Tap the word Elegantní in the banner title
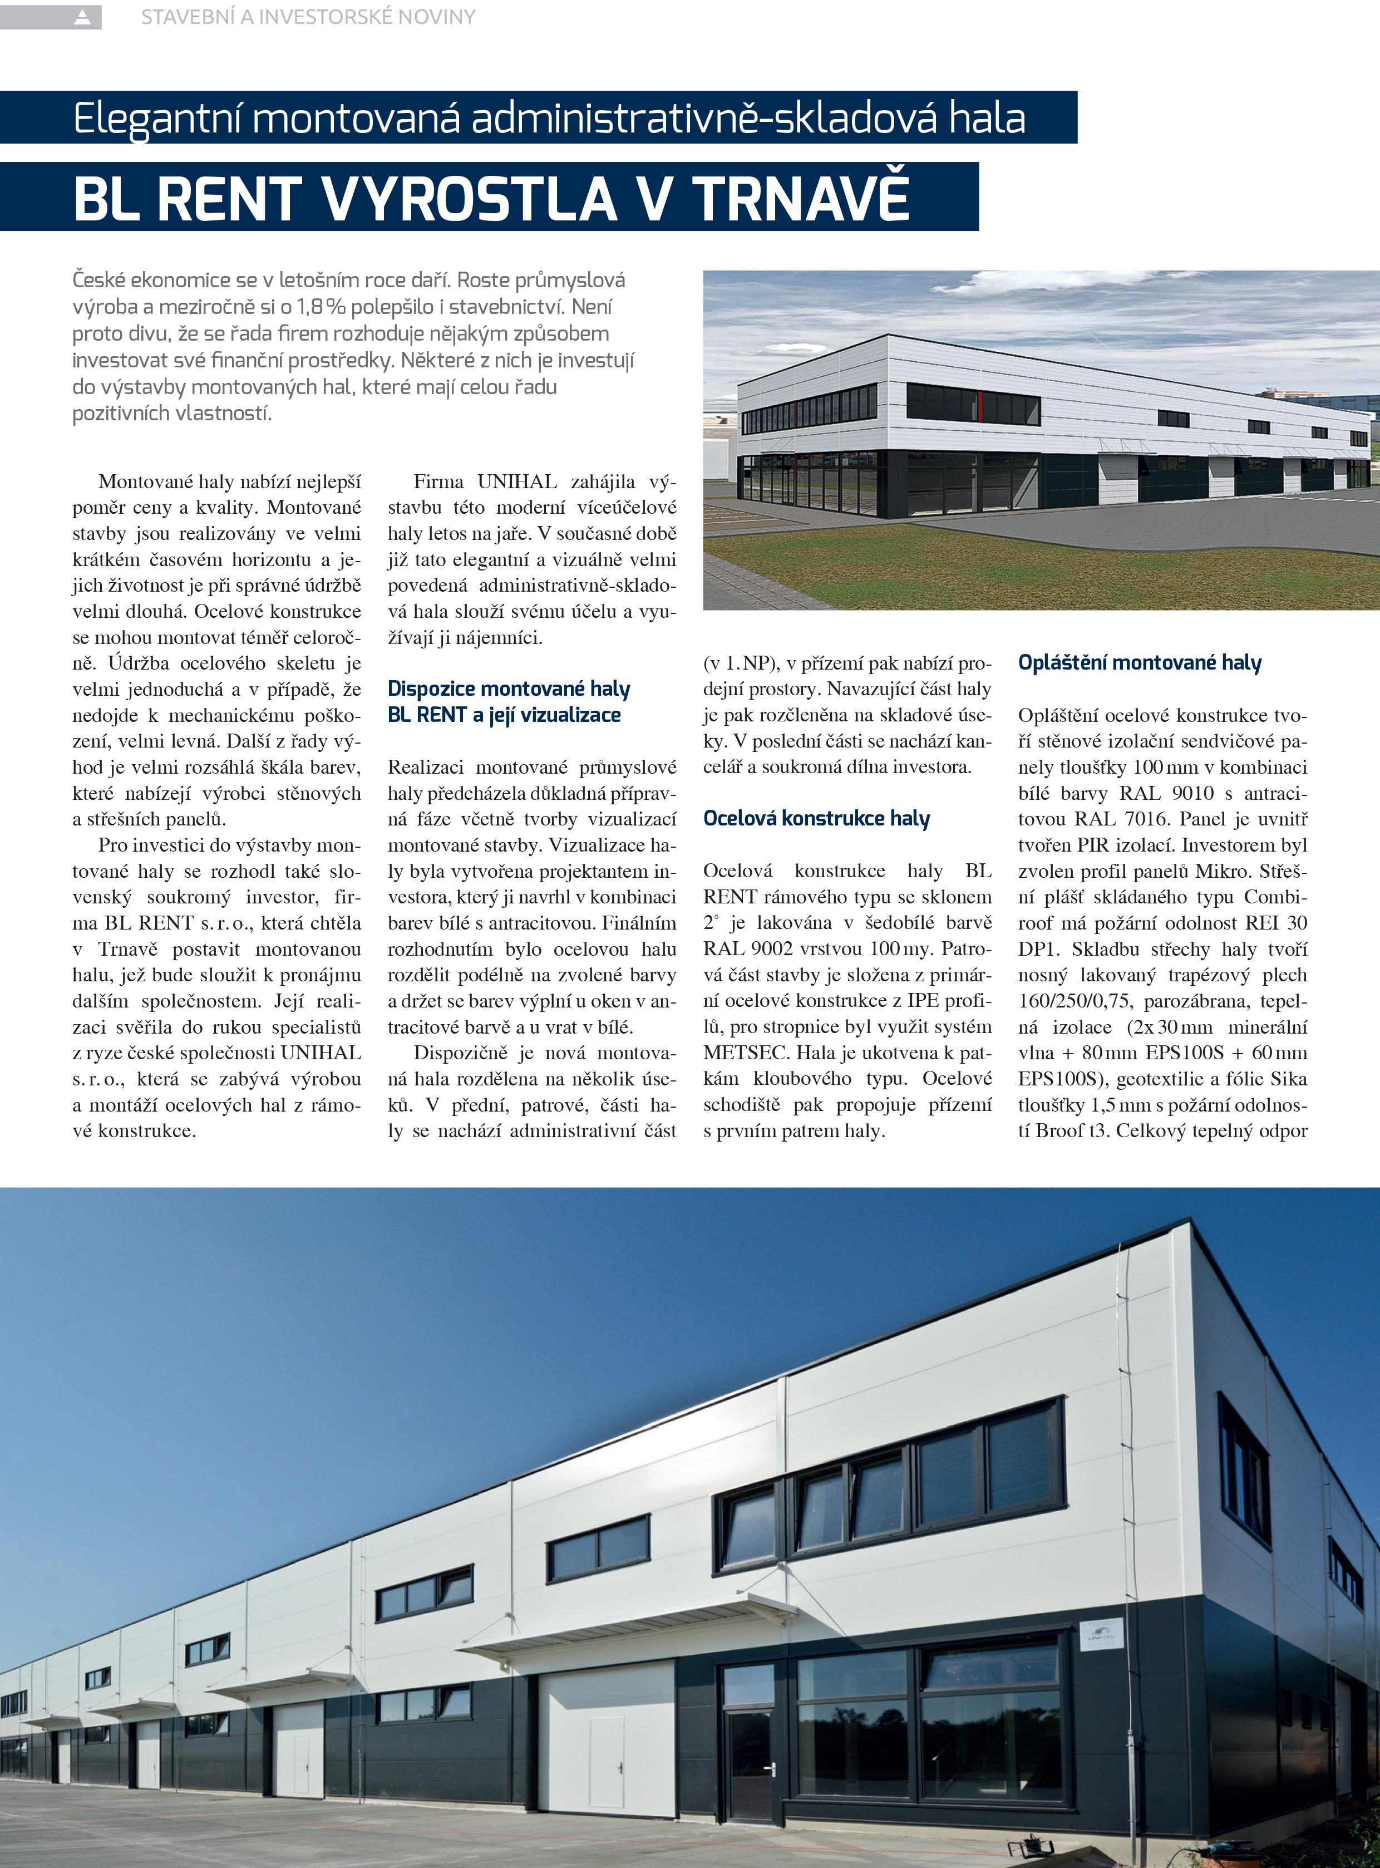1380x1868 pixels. (x=157, y=119)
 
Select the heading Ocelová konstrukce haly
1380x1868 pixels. (x=816, y=819)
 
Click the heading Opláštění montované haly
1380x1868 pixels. (x=1140, y=663)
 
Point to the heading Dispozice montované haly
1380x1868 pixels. (x=509, y=689)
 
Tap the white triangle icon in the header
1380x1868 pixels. (x=82, y=17)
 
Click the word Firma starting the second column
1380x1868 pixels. (x=438, y=482)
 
